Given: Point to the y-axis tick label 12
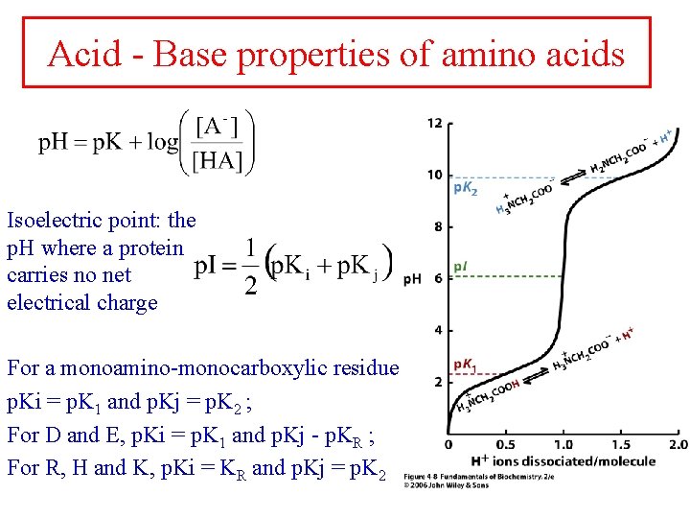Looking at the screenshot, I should click(434, 123).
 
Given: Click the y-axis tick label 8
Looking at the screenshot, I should click(437, 226).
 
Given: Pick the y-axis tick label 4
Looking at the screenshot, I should click(437, 330).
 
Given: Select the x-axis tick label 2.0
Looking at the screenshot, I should click(677, 445).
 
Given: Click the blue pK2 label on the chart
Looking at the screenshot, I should click(466, 187).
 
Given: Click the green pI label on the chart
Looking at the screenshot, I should click(460, 265).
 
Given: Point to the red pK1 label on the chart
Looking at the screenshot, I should click(465, 365).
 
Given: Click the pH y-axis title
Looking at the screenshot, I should click(412, 279).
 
